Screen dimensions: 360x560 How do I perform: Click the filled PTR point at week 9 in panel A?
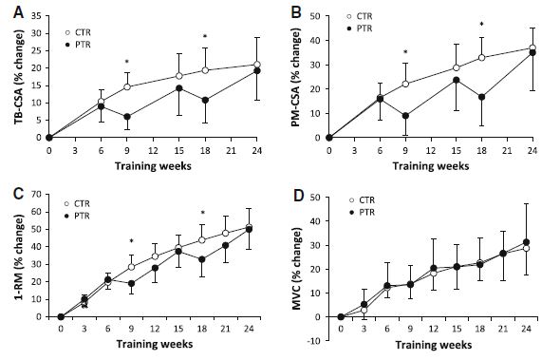pos(127,117)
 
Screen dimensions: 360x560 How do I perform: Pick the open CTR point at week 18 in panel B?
pos(481,58)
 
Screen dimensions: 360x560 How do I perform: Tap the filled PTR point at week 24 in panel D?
pos(525,242)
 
